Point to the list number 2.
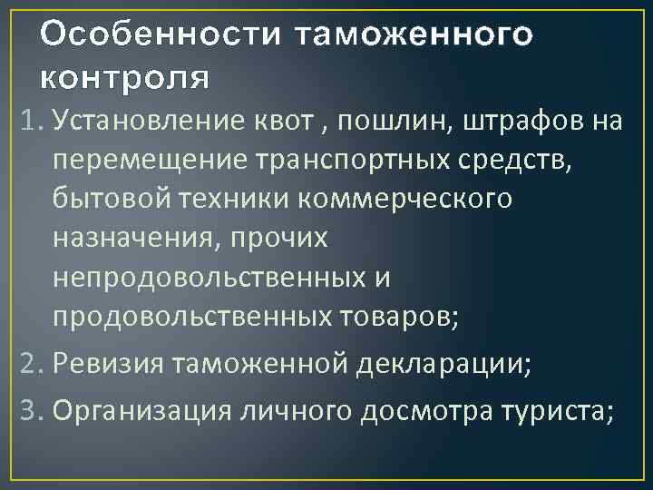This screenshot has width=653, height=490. [25, 365]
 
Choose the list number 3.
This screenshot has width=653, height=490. [25, 411]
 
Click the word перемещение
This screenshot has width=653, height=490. [142, 161]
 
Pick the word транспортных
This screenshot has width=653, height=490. [329, 161]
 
